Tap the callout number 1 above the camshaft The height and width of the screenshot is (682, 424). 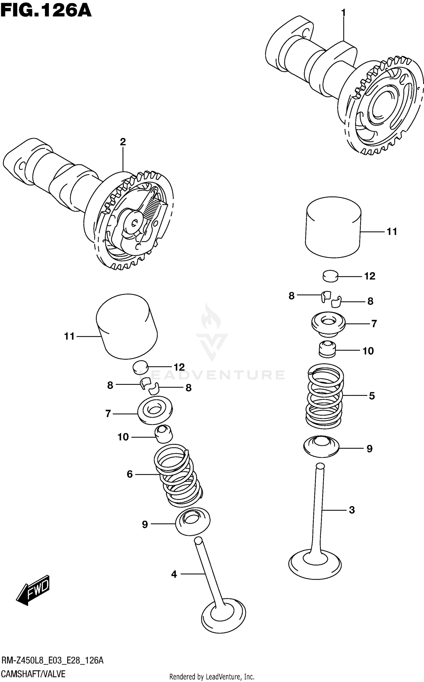pyautogui.click(x=343, y=13)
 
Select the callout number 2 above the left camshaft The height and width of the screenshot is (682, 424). pyautogui.click(x=123, y=142)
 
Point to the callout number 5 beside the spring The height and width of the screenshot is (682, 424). pyautogui.click(x=372, y=396)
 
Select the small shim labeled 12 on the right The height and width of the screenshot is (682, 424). pyautogui.click(x=330, y=276)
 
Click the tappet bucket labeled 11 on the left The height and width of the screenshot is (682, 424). pyautogui.click(x=127, y=327)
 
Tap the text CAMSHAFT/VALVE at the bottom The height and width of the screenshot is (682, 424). pyautogui.click(x=33, y=674)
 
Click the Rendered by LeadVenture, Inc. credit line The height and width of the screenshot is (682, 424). pyautogui.click(x=212, y=677)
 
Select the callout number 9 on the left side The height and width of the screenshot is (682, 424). pyautogui.click(x=145, y=525)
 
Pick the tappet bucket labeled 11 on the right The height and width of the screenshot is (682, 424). pyautogui.click(x=333, y=227)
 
